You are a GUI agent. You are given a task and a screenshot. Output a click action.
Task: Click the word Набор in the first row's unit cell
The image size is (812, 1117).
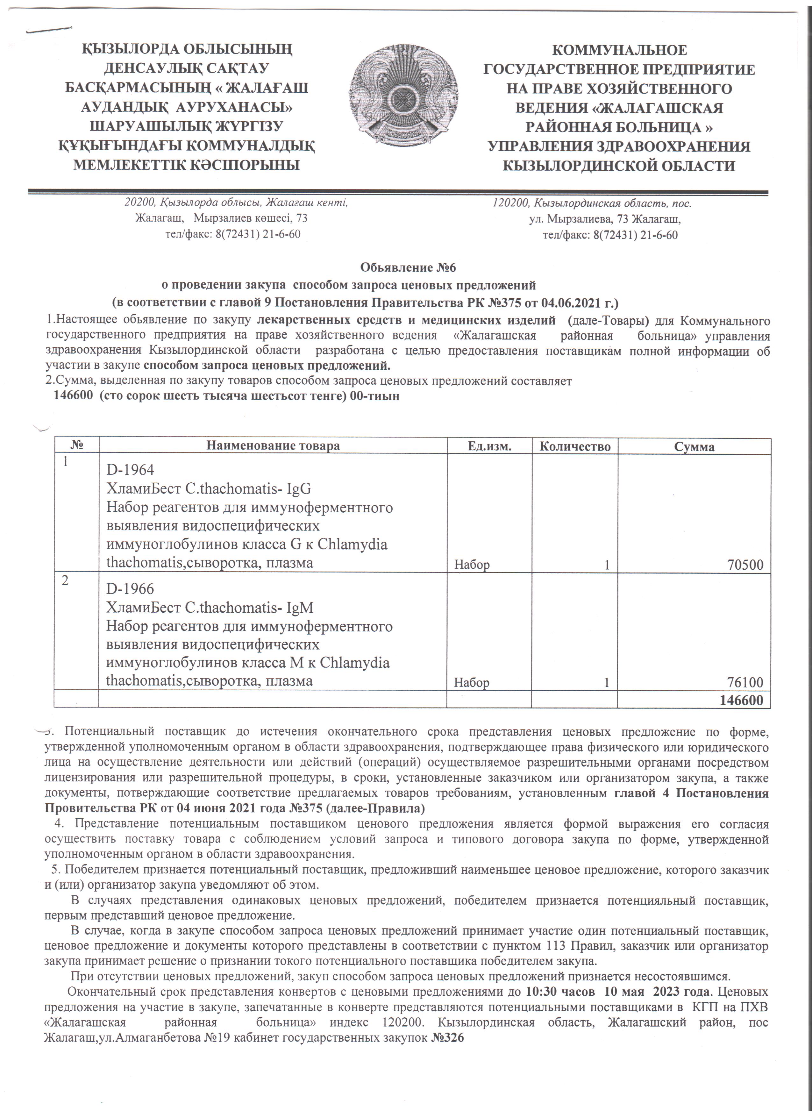click(472, 565)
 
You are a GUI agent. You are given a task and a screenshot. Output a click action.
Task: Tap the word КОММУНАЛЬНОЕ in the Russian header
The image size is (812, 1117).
click(619, 51)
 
